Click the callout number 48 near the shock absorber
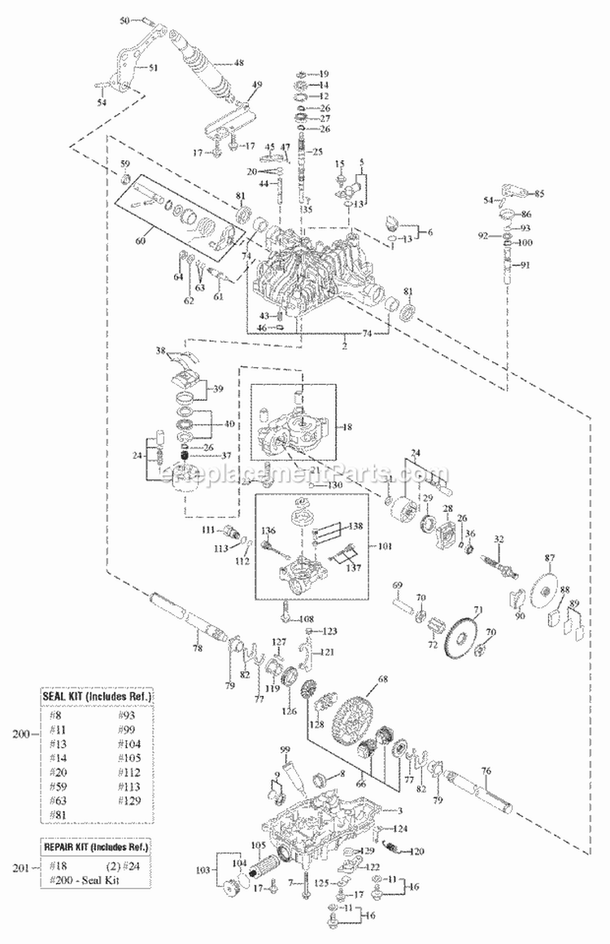[x=239, y=63]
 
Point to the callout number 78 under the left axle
[x=198, y=648]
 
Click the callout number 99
[x=285, y=749]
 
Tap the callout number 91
[x=525, y=264]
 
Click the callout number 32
[x=521, y=539]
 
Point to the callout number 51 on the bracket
[x=154, y=68]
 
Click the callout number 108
[x=307, y=619]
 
